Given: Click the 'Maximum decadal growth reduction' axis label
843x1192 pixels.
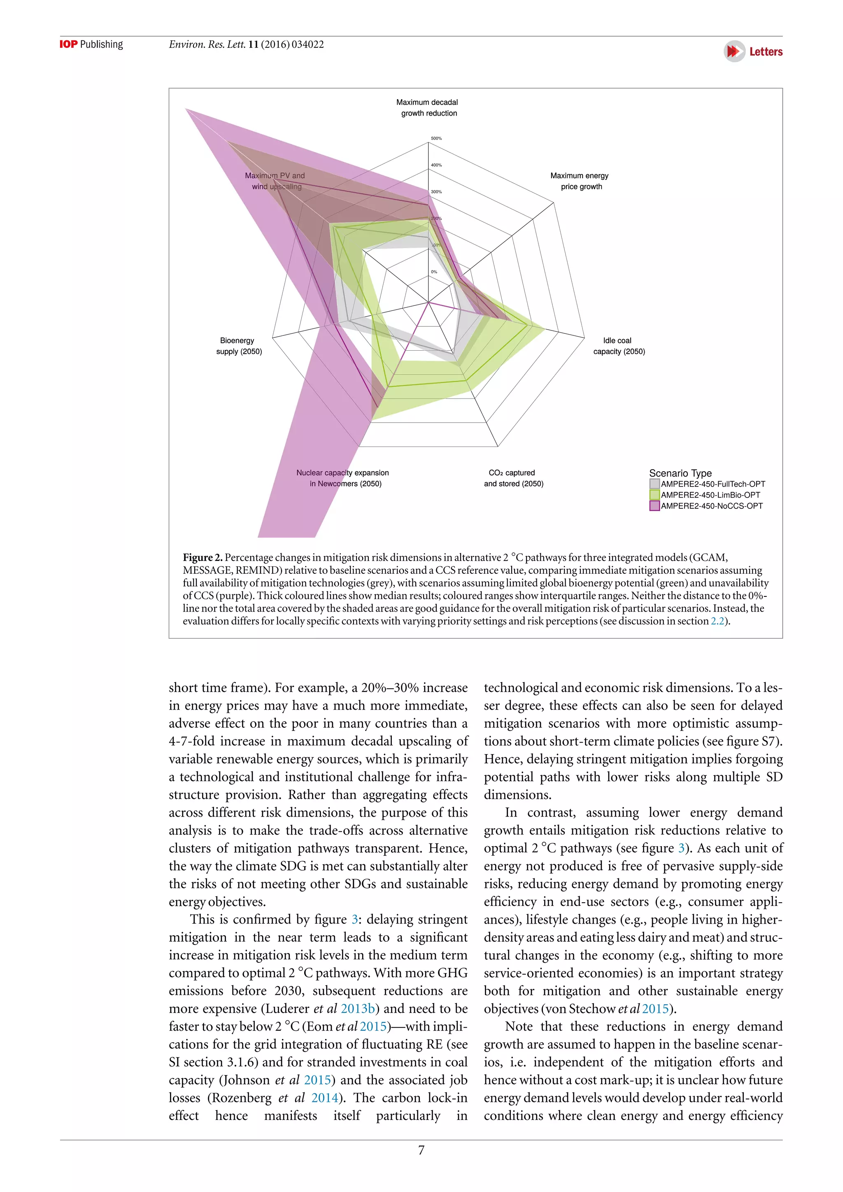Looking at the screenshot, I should [x=427, y=108].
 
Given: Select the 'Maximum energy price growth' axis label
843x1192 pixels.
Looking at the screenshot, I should [x=580, y=181].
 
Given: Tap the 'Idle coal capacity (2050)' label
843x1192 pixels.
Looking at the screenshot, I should [x=618, y=346].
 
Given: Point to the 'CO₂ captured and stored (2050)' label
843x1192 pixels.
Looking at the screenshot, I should [x=513, y=478].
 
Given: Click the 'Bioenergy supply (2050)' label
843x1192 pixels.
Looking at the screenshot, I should [x=238, y=346].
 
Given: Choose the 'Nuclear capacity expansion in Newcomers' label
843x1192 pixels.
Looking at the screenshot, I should [x=343, y=478].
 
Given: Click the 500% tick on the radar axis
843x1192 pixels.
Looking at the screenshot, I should [x=436, y=139].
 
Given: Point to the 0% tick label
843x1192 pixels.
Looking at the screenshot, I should [x=434, y=272].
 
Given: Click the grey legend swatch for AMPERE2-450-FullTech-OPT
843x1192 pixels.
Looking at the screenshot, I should [x=654, y=484].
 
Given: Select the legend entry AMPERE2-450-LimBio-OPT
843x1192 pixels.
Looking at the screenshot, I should [x=710, y=495].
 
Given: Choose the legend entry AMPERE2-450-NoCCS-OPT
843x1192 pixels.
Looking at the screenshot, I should [x=711, y=506].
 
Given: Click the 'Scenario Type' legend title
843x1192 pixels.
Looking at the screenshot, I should [x=680, y=473].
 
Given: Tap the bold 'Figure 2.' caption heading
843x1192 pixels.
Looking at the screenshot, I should [x=203, y=558].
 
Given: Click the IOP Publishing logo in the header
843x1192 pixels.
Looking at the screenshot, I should [x=91, y=44].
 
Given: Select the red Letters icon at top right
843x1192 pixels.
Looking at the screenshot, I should [x=734, y=51].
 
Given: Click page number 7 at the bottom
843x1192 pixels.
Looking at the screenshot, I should [x=421, y=1150].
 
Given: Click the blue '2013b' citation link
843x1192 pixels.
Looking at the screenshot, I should [x=358, y=1009].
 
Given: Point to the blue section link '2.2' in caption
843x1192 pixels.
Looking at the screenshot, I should [x=717, y=622].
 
